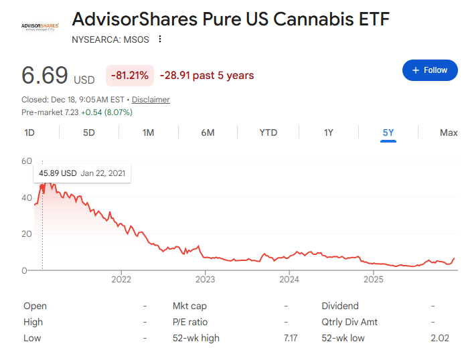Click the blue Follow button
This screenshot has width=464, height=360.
pyautogui.click(x=429, y=70)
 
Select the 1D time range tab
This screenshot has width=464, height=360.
pyautogui.click(x=29, y=132)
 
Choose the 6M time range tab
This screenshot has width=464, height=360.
pyautogui.click(x=208, y=132)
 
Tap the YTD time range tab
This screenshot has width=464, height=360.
pyautogui.click(x=268, y=132)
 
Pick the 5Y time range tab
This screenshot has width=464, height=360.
pyautogui.click(x=388, y=132)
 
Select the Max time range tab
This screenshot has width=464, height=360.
pyautogui.click(x=449, y=132)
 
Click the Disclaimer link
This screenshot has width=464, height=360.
pyautogui.click(x=151, y=100)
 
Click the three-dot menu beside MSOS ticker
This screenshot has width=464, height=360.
pyautogui.click(x=159, y=39)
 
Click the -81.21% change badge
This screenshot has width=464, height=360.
pyautogui.click(x=130, y=75)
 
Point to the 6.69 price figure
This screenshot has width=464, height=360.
pyautogui.click(x=45, y=75)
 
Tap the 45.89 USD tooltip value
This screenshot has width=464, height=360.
pyautogui.click(x=58, y=173)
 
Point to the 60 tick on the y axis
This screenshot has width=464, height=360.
pyautogui.click(x=27, y=161)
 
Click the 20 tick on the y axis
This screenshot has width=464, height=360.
pyautogui.click(x=27, y=234)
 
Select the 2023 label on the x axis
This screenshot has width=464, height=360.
pyautogui.click(x=205, y=280)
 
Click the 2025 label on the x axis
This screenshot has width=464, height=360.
pyautogui.click(x=372, y=280)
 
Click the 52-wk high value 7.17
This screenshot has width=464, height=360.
pyautogui.click(x=291, y=338)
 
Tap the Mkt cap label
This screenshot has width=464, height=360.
pyautogui.click(x=189, y=306)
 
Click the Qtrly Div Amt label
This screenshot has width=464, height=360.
pyautogui.click(x=350, y=322)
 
